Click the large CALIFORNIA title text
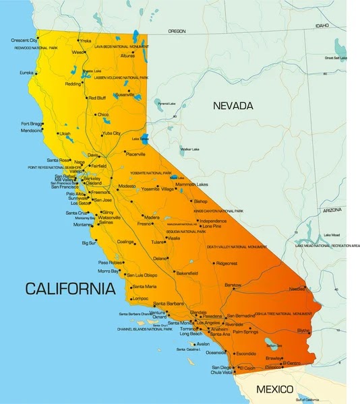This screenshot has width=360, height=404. coord(70,290)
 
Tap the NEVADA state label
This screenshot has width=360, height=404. coord(233,106)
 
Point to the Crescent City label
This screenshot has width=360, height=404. coord(24,40)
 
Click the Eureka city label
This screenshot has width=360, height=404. coord(26,72)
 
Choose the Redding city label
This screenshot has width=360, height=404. coord(73,84)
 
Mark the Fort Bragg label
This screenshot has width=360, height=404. coord(32,124)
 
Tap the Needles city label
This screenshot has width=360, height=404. coord(297,289)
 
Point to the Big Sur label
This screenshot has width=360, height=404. coord(88,243)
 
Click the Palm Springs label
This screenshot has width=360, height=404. coord(245,332)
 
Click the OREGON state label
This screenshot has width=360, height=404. coord(177,31)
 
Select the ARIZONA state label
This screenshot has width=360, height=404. coord(332,210)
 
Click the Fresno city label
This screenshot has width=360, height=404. coord(144,224)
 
